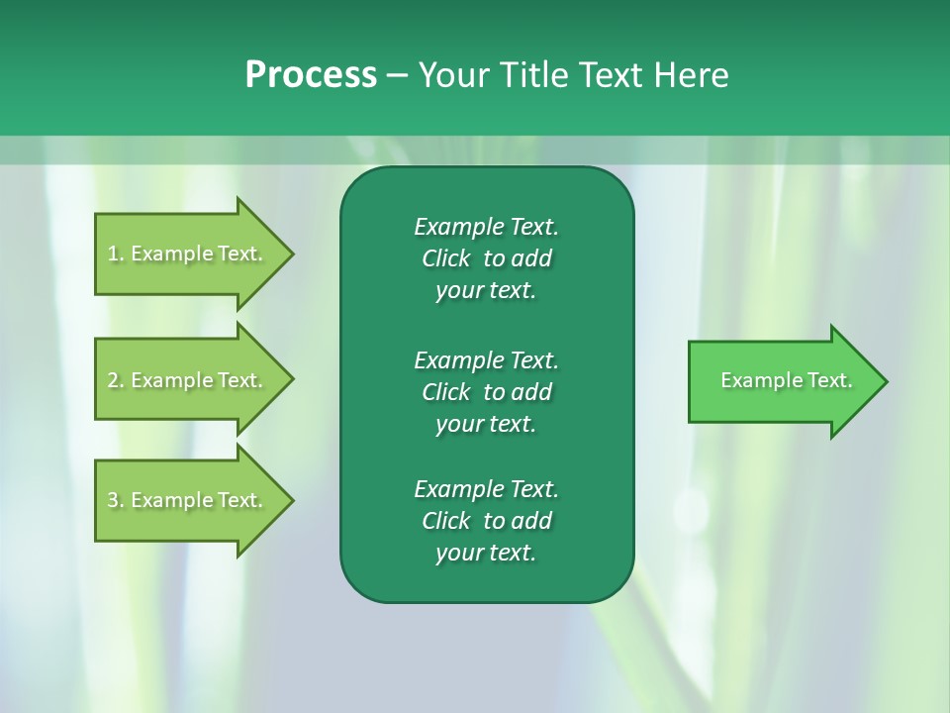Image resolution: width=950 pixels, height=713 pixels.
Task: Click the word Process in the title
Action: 311,75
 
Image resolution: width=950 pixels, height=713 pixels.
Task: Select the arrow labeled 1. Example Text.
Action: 186,254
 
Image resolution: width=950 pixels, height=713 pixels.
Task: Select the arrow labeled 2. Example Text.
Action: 186,380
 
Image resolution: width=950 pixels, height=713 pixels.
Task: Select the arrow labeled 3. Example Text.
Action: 186,500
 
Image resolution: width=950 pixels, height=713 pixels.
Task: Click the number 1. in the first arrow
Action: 116,254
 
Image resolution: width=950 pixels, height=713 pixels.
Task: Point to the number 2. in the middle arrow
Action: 116,380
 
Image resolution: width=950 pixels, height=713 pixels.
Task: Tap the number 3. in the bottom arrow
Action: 116,500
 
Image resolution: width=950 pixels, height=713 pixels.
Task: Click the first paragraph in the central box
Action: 486,258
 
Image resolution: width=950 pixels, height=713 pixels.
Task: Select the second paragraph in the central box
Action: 486,392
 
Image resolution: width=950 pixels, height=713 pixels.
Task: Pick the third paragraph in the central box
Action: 486,521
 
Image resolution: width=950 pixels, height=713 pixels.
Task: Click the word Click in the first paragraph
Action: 446,258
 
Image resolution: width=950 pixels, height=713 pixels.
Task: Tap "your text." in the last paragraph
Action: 486,553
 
